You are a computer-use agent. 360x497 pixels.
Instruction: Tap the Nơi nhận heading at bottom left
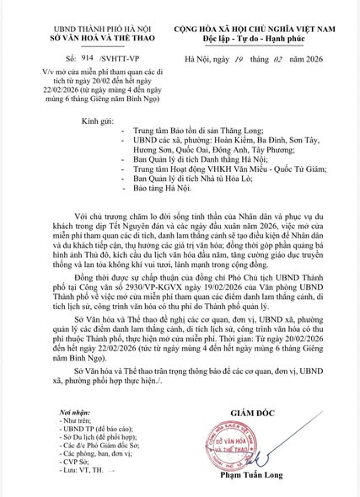[44, 407]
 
